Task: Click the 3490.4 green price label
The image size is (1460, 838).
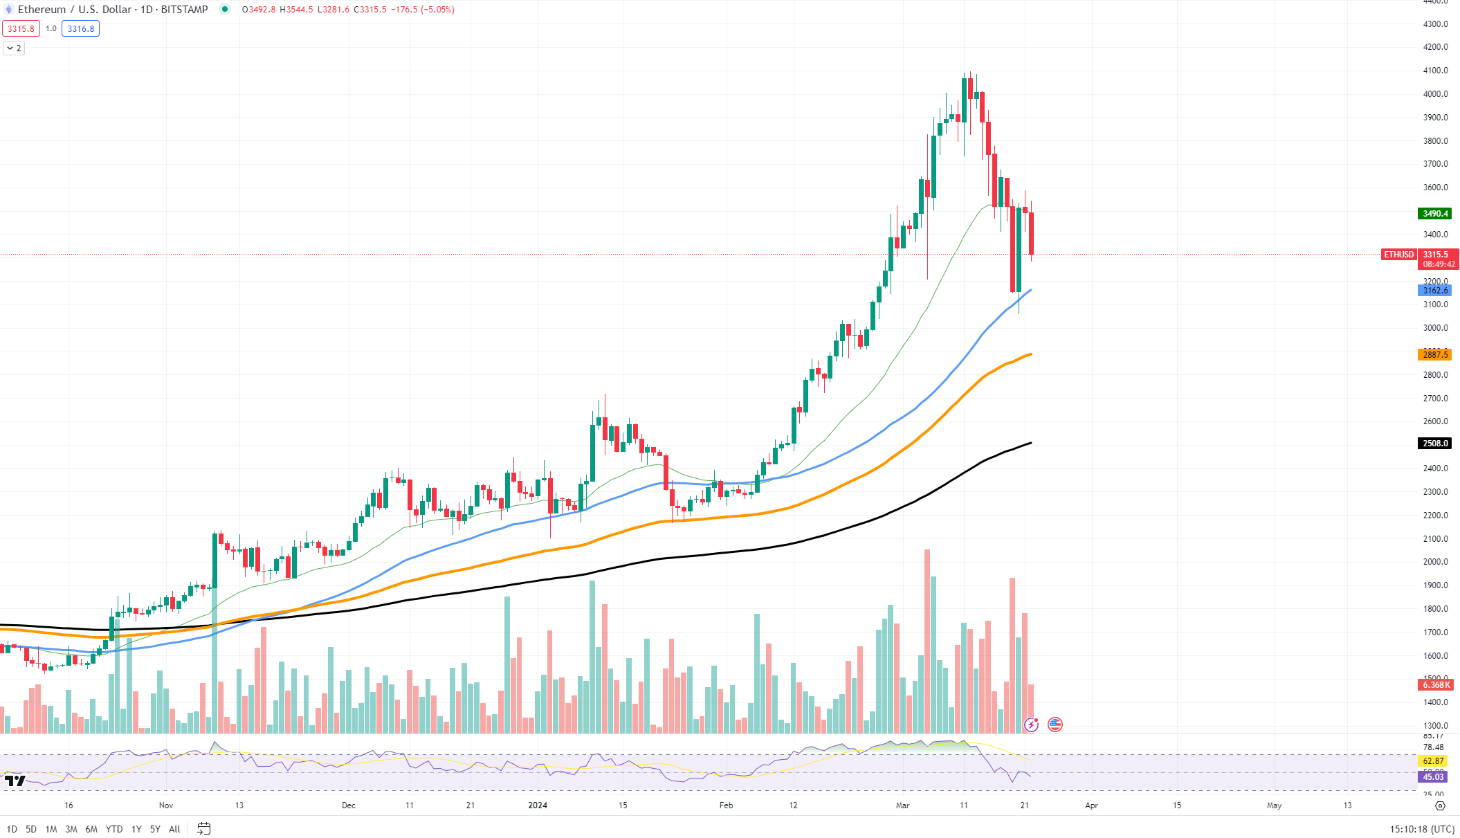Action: [x=1435, y=214]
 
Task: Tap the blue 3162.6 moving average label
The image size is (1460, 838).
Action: [x=1435, y=291]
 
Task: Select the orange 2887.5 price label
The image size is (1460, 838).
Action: [x=1435, y=355]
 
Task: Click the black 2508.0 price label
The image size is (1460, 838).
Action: [x=1435, y=444]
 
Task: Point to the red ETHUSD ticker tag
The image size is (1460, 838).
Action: [x=1398, y=255]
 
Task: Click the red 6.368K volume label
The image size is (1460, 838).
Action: [x=1435, y=685]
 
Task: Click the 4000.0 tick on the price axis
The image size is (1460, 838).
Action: [x=1435, y=94]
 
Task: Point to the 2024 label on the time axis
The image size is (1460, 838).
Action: [x=538, y=805]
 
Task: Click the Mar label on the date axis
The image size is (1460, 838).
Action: [x=902, y=805]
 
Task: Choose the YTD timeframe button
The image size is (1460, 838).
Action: [x=114, y=829]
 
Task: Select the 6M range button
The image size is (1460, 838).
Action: [x=91, y=829]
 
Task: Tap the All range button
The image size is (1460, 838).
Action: [x=174, y=829]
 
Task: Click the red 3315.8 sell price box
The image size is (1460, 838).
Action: [x=21, y=29]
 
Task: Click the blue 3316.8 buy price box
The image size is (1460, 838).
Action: [x=81, y=29]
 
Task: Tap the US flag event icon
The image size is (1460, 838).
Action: [x=1055, y=725]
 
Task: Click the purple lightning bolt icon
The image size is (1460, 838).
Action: [x=1032, y=725]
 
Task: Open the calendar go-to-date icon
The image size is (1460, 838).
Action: [x=203, y=829]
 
